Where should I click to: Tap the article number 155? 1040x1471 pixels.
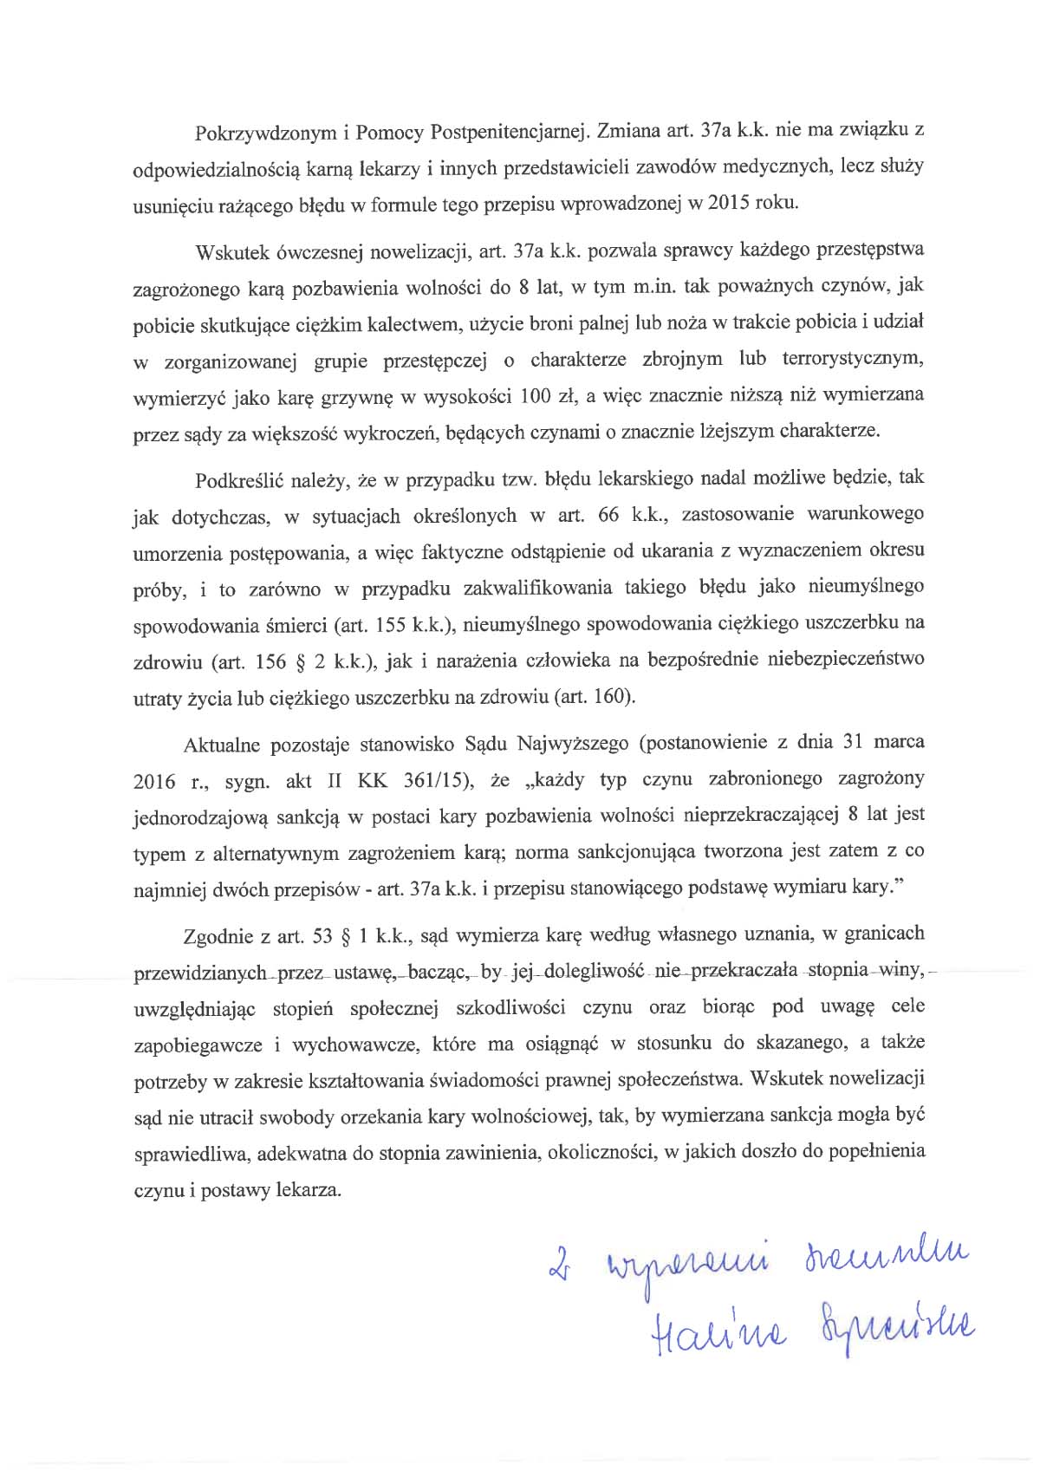coord(392,624)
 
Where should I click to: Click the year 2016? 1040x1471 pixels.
coord(153,781)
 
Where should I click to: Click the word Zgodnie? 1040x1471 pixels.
coord(214,936)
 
